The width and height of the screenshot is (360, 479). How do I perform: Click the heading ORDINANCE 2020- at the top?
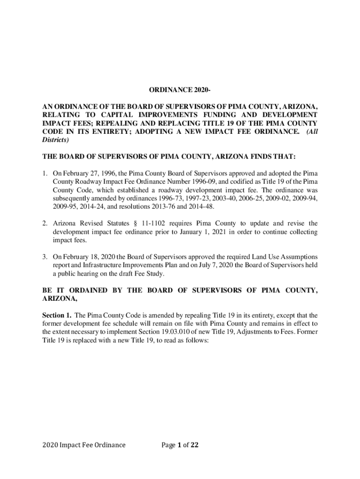pyautogui.click(x=180, y=90)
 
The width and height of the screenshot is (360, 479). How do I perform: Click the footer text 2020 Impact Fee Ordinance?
pyautogui.click(x=84, y=445)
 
